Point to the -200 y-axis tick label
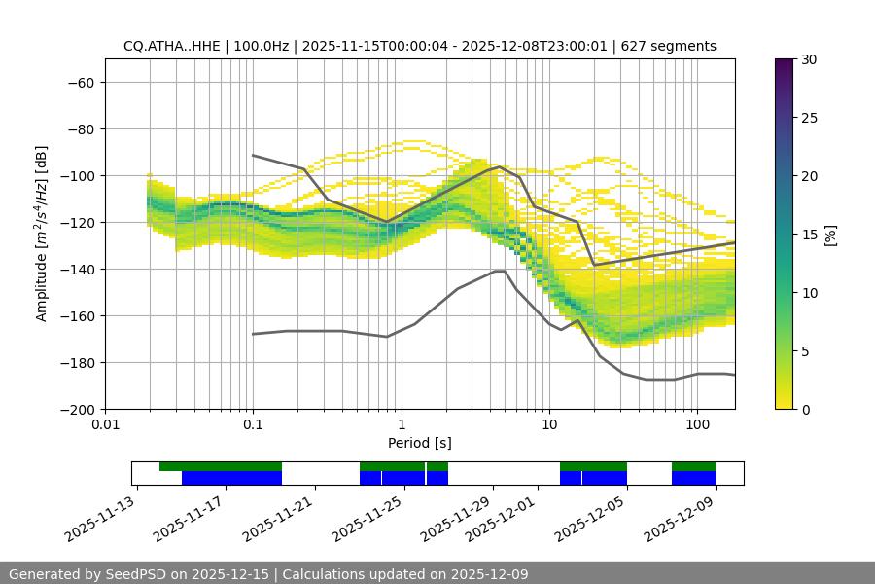click(76, 409)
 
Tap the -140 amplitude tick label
click(76, 269)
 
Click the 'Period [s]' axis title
click(419, 443)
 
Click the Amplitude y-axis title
click(41, 234)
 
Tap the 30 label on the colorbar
click(808, 59)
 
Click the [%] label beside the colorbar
click(830, 235)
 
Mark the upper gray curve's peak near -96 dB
click(500, 166)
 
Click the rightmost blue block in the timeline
click(693, 478)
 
